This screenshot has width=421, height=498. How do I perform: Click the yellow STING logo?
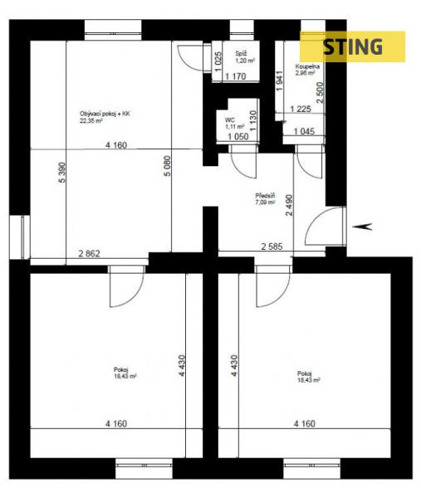(352, 46)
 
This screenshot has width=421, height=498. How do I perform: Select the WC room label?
(229, 120)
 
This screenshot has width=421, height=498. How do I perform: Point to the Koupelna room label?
(307, 66)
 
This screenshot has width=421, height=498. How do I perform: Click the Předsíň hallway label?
(265, 196)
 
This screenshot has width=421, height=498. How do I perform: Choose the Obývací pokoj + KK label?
(105, 114)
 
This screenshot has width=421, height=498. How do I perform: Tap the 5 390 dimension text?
(62, 173)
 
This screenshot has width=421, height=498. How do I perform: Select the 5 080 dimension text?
(168, 166)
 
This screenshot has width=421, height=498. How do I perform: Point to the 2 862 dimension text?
(90, 253)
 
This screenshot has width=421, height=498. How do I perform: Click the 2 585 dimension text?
(272, 247)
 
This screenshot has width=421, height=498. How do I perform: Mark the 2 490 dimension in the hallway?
(289, 205)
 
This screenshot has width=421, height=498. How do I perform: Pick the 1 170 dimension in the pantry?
(236, 76)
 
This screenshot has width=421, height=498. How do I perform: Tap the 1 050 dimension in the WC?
(238, 137)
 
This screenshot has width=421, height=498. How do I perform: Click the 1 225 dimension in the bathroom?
(301, 109)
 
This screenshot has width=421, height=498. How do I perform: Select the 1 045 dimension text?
(305, 131)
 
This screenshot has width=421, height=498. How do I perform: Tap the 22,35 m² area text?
(91, 120)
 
